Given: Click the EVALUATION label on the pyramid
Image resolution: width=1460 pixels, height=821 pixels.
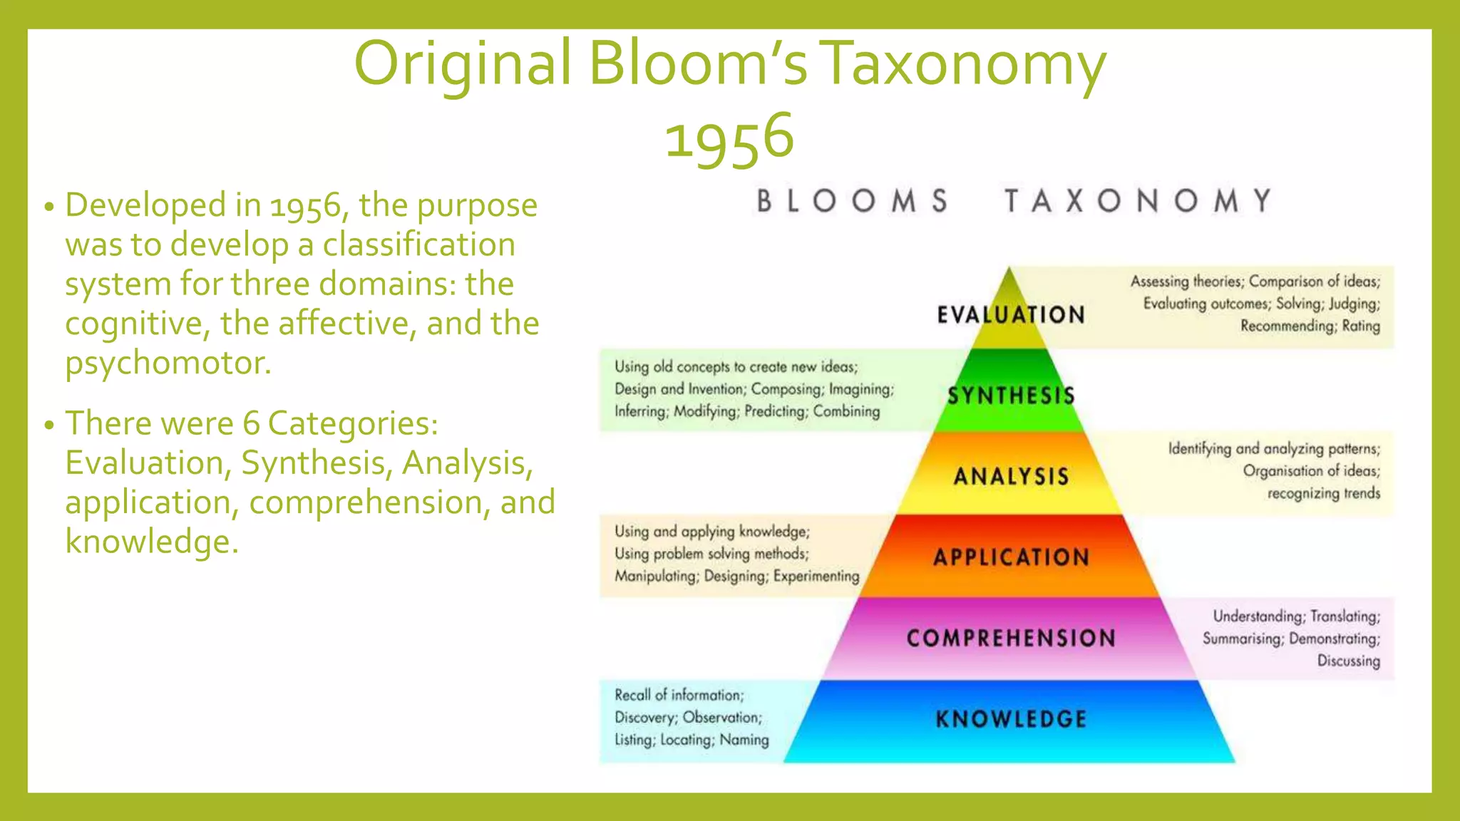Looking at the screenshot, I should [x=1011, y=314].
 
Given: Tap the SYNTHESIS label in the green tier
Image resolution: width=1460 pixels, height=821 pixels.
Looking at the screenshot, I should [x=1011, y=396].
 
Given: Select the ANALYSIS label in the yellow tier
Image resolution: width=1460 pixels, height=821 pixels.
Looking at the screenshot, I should [x=1011, y=476].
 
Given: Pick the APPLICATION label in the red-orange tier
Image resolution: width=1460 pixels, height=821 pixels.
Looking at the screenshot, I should [x=1011, y=557].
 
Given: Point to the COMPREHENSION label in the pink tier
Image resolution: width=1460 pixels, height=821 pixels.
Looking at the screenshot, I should [x=1011, y=638].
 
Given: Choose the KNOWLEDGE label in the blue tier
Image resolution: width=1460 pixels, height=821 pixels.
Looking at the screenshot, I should [x=1011, y=719].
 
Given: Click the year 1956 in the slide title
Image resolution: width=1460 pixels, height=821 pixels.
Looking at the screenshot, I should [x=729, y=137].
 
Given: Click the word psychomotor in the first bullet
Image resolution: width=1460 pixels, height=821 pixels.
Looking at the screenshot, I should [x=168, y=363].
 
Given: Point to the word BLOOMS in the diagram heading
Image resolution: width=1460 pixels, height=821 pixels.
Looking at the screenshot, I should [x=853, y=201].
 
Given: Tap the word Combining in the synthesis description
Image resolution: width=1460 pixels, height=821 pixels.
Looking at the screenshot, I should [x=846, y=411].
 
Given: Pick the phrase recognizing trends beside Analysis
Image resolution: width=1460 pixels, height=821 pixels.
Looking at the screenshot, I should [x=1323, y=493].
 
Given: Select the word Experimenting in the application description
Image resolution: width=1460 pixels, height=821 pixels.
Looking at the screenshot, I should [x=816, y=576].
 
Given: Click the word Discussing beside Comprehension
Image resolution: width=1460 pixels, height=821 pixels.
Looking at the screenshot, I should [x=1348, y=661].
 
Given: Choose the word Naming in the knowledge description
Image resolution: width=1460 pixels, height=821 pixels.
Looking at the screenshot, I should [x=744, y=740].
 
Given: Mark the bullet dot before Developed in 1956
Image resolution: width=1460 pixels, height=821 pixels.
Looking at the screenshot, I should [x=48, y=207].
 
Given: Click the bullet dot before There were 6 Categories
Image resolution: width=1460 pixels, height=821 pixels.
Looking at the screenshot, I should [x=48, y=425].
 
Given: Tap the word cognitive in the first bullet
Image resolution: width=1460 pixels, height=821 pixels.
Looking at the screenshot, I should [x=137, y=324].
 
